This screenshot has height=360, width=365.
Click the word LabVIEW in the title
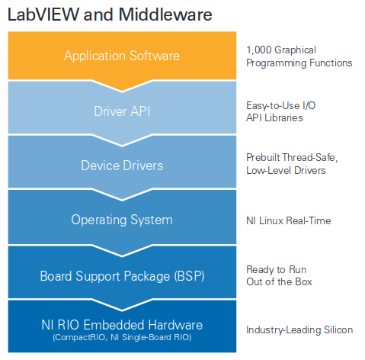click(43, 14)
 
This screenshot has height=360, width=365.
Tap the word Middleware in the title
click(165, 14)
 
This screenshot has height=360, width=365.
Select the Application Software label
click(122, 56)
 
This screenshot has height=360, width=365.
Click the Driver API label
click(122, 111)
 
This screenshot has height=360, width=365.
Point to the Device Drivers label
click(122, 166)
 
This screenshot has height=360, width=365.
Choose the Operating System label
click(122, 220)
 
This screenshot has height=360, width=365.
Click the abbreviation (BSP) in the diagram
click(189, 276)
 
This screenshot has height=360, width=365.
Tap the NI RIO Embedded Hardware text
click(122, 325)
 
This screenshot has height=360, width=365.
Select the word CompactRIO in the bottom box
click(80, 337)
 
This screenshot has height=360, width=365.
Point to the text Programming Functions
click(299, 63)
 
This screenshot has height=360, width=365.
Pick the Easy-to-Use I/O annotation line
click(281, 105)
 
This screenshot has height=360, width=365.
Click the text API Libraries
click(274, 118)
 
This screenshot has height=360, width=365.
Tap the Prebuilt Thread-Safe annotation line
click(292, 158)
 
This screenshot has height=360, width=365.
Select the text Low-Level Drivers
click(286, 170)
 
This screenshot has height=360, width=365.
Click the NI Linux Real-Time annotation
click(289, 220)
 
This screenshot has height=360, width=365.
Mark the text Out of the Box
click(279, 282)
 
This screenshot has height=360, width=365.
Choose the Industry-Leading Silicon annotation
click(299, 330)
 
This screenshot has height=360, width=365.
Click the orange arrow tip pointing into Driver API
click(122, 91)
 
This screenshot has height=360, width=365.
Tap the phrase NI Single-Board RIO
click(151, 337)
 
